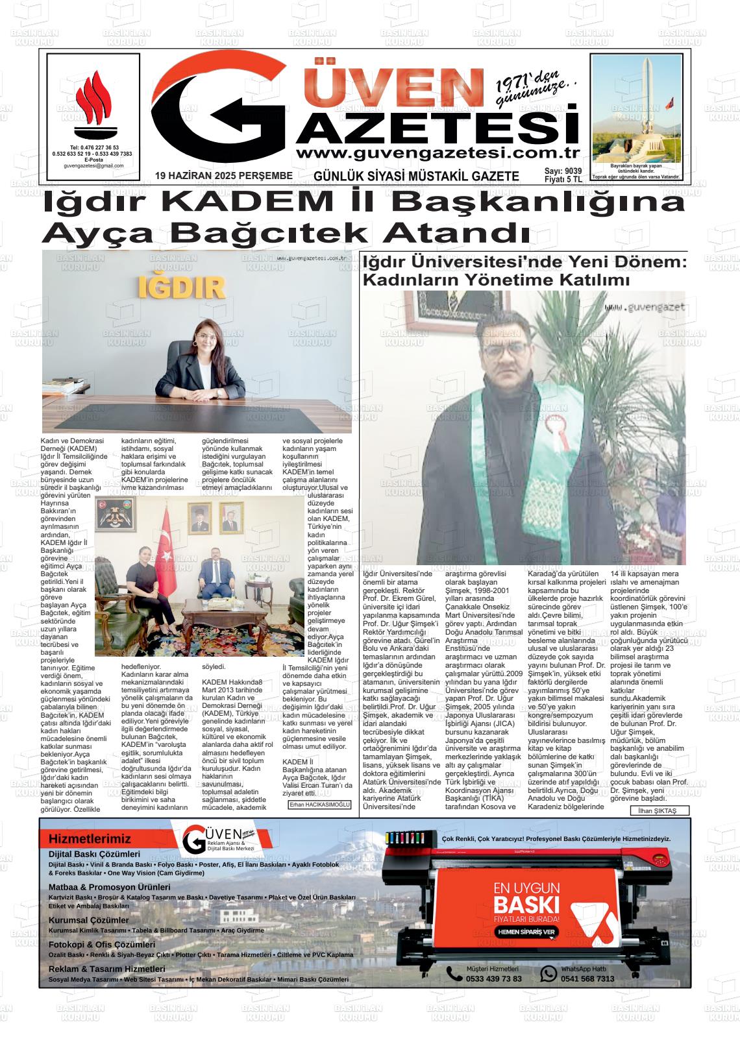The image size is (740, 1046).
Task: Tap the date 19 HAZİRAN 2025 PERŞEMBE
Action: [224, 175]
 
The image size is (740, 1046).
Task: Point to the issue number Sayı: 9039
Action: [563, 171]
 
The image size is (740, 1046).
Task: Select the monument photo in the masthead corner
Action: [637, 108]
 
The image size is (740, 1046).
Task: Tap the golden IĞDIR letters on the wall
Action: [182, 287]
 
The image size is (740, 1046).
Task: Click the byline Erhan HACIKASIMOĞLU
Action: [319, 805]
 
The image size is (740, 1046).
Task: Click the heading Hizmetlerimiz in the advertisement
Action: [90, 839]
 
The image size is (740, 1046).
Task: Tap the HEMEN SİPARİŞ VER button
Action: [526, 932]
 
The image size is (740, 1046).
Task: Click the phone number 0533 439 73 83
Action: [493, 979]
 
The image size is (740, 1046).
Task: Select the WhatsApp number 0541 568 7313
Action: [587, 979]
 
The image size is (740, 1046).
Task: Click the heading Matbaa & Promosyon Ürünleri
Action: [109, 887]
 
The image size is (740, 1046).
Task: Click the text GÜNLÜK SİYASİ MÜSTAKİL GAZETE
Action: [416, 176]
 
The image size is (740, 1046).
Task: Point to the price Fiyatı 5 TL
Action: [563, 180]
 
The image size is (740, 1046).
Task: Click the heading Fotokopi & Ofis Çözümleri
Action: [102, 945]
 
